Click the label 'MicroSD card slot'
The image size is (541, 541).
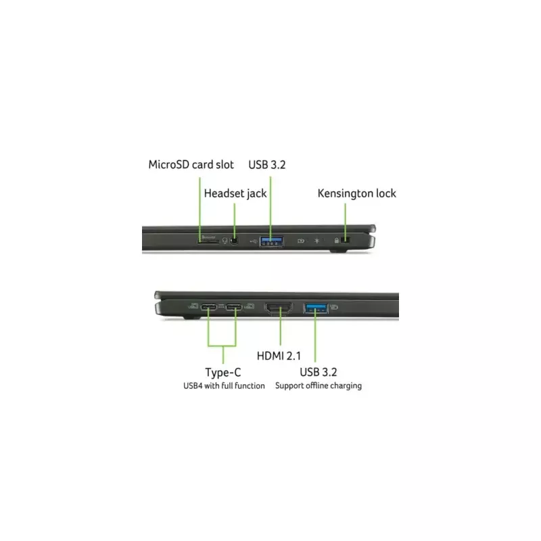coord(191,164)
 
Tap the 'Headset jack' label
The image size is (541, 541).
coord(235,193)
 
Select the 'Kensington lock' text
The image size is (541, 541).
coord(357,193)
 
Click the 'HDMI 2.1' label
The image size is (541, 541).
coord(279,356)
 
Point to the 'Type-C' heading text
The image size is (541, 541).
coord(223,373)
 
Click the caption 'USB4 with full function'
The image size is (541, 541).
coord(224,385)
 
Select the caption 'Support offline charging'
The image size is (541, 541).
coord(319,385)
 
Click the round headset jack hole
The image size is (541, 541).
coord(234,241)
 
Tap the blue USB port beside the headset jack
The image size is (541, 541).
coord(272,241)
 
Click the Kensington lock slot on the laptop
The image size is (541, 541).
coord(346,240)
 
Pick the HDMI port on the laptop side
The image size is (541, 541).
coord(279,308)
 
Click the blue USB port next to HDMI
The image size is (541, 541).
coord(316,308)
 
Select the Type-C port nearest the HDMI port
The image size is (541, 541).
coord(234,307)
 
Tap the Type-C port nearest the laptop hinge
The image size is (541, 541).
coord(209,307)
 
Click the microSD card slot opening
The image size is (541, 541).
coord(208,241)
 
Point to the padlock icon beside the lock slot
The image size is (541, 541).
coord(337,240)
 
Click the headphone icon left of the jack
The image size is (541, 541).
coord(225,241)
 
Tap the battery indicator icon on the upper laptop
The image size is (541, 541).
coord(301,241)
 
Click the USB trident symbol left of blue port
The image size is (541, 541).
coord(254,241)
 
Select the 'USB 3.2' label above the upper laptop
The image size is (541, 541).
coord(267,165)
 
